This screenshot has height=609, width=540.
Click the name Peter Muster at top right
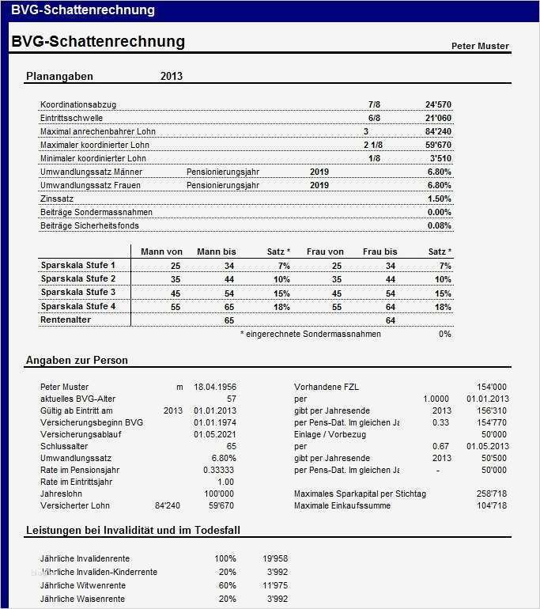pyautogui.click(x=480, y=46)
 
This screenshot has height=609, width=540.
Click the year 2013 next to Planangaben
pyautogui.click(x=172, y=77)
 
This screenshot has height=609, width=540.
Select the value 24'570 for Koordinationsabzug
pyautogui.click(x=438, y=104)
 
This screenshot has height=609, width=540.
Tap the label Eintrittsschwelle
pyautogui.click(x=72, y=118)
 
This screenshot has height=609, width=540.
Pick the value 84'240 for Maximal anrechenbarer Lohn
pyautogui.click(x=438, y=131)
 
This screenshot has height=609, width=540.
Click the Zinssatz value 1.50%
pyautogui.click(x=439, y=199)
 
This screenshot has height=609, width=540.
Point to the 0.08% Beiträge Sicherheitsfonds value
pyautogui.click(x=439, y=225)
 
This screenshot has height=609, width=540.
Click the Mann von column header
pyautogui.click(x=161, y=252)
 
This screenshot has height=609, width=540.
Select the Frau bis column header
pyautogui.click(x=380, y=252)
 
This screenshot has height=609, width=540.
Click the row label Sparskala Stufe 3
pyautogui.click(x=78, y=292)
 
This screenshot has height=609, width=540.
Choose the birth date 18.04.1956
pyautogui.click(x=215, y=387)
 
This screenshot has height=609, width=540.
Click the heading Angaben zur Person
pyautogui.click(x=77, y=361)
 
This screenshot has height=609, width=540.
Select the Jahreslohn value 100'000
pyautogui.click(x=219, y=494)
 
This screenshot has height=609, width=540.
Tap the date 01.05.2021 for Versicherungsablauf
pyautogui.click(x=215, y=434)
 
